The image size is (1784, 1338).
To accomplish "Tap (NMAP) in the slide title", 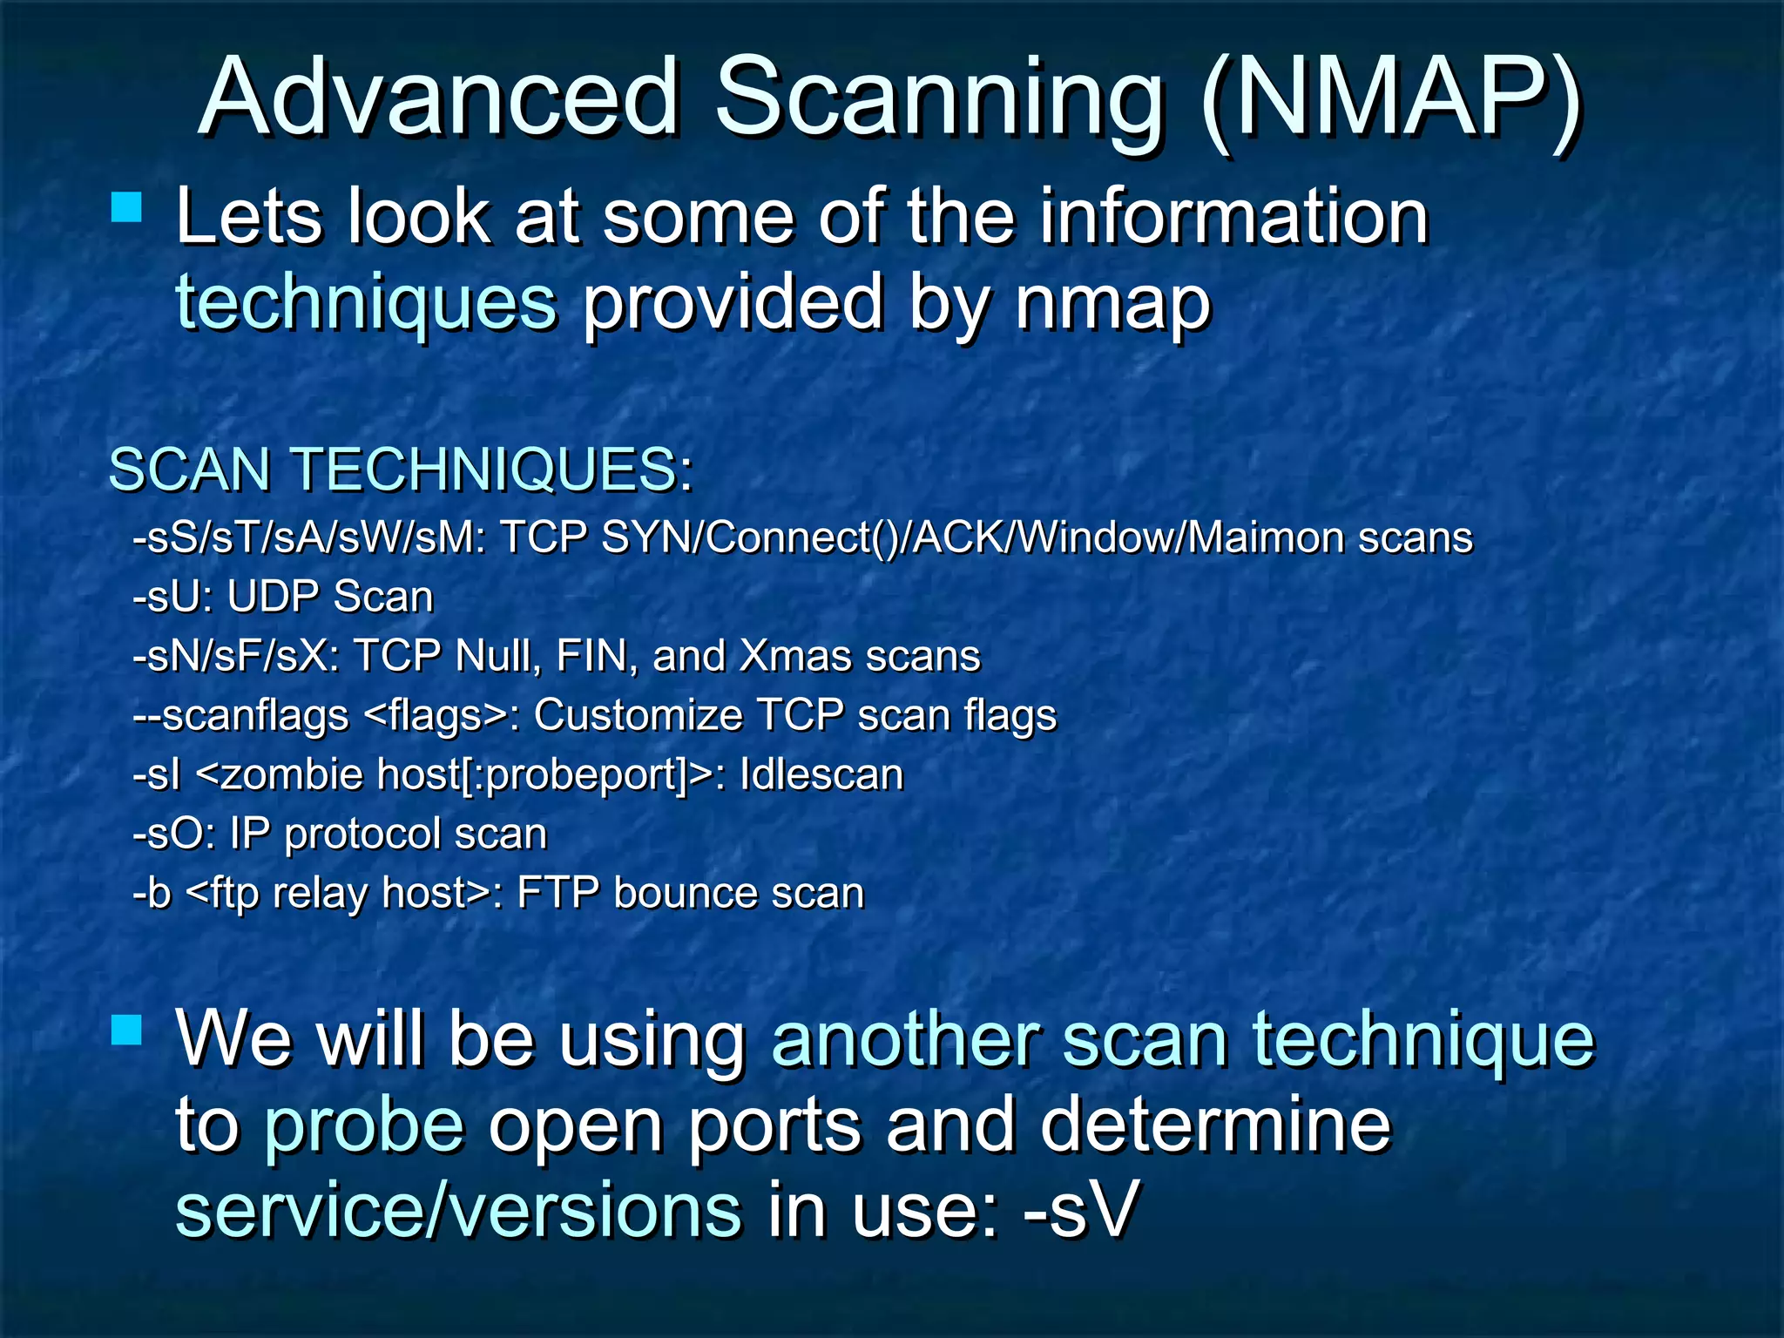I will (x=1389, y=98).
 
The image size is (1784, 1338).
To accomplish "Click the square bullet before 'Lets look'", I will (x=127, y=208).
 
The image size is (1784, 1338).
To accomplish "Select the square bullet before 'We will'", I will (x=127, y=1030).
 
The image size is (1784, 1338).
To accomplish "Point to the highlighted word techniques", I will (x=366, y=303).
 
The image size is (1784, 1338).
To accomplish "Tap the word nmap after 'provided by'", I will (x=1113, y=303).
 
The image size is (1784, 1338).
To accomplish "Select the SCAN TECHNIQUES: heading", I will (x=401, y=470).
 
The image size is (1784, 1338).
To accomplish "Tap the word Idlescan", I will (x=821, y=774).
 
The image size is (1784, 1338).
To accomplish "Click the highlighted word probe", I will (x=364, y=1125).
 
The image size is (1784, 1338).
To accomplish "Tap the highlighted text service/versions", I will (x=458, y=1210).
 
